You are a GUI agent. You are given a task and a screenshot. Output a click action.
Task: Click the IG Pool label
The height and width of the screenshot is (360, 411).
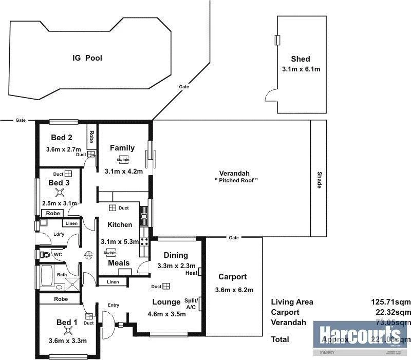point(87,58)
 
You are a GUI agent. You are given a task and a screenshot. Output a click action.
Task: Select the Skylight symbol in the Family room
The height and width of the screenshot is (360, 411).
point(122,160)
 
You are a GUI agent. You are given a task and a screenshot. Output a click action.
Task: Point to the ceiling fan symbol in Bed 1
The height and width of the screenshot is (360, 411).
point(67,331)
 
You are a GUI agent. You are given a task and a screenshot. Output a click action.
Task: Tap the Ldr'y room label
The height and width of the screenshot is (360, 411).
point(59,235)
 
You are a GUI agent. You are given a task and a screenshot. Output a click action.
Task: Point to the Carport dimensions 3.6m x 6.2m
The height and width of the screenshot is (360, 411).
point(234,290)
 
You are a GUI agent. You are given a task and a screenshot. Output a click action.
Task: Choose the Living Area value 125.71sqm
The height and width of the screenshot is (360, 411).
point(391,302)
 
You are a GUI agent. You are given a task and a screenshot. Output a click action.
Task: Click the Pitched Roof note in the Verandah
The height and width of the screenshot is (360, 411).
point(236,180)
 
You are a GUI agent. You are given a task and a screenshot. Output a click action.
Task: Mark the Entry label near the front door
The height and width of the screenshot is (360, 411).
point(113,305)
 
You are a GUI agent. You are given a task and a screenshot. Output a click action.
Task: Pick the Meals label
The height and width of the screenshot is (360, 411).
point(118,263)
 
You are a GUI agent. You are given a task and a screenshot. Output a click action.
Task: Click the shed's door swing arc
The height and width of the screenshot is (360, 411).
point(269,95)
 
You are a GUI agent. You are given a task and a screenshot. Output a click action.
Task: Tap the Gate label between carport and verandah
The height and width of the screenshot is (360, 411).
point(234,238)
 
